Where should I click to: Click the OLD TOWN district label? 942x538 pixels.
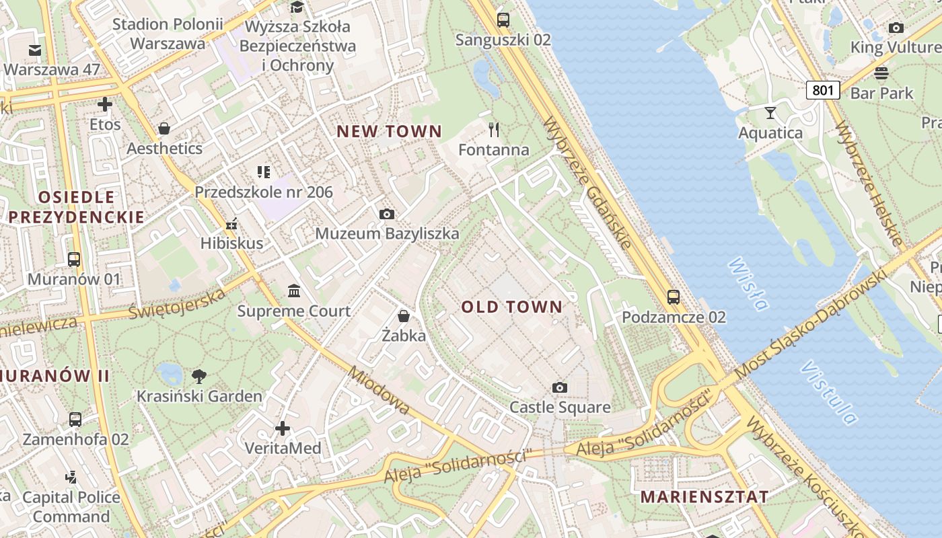[x=511, y=307]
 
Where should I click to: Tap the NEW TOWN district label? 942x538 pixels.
[x=389, y=131]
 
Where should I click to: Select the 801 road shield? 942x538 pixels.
[x=823, y=89]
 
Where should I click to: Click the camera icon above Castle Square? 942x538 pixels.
[x=559, y=387]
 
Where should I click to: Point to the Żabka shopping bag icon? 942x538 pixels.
[x=404, y=315]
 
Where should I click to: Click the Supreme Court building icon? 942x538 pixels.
[x=294, y=291]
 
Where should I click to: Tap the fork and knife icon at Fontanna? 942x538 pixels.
[x=495, y=129]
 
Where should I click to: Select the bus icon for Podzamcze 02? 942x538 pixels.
[x=673, y=297]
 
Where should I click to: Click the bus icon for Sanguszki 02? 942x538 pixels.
[x=503, y=20]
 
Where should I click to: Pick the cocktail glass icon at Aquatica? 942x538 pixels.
[x=770, y=112]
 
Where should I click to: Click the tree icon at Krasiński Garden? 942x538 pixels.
[x=198, y=376]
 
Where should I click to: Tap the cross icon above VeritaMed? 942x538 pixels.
[x=283, y=428]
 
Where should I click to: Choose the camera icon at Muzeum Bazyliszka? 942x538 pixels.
[x=386, y=214]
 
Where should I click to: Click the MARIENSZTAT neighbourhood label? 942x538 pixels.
[x=704, y=497]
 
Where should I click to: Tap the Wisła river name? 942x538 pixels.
[x=747, y=284]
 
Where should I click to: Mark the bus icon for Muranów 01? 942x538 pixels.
[x=74, y=259]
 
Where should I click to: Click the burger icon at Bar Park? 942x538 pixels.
[x=881, y=73]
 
